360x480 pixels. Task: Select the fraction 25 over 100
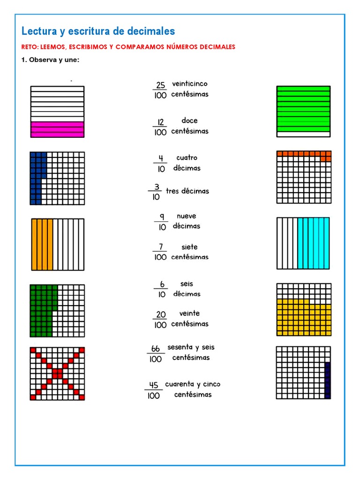(160, 90)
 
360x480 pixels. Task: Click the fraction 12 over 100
(160, 127)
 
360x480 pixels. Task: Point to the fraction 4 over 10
(161, 163)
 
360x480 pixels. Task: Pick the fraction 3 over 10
(156, 192)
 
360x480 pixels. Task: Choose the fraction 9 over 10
(161, 222)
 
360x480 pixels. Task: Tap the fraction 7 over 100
(160, 252)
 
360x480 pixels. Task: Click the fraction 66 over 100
(156, 354)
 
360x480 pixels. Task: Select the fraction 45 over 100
(154, 390)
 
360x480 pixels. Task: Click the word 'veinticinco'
(189, 84)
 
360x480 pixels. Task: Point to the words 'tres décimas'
(187, 191)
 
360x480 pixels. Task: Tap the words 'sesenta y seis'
(191, 347)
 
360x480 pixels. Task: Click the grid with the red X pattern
(58, 374)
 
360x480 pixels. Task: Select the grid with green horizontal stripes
(303, 111)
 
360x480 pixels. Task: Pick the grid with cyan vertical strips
(303, 243)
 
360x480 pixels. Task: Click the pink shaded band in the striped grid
(57, 129)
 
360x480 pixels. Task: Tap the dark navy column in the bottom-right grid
(327, 380)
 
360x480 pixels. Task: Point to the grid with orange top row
(304, 177)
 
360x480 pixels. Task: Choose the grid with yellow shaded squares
(304, 309)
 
